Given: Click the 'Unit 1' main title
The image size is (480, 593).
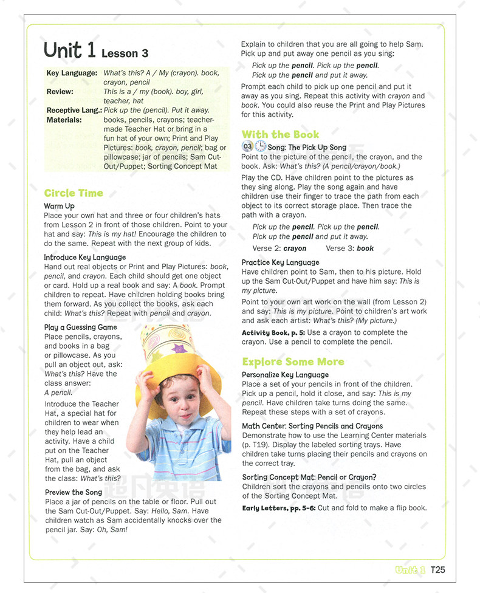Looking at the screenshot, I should (x=70, y=50).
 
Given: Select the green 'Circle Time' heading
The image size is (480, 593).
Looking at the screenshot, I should (x=74, y=193).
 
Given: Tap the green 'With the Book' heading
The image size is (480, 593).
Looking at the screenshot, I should (x=280, y=134).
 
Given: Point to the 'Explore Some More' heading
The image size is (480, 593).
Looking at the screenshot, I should (x=293, y=362).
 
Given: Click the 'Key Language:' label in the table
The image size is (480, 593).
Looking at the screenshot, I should (x=72, y=73).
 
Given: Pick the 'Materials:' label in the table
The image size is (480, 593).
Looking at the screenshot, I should (x=64, y=120).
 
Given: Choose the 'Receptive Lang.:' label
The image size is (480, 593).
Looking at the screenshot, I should (x=74, y=111).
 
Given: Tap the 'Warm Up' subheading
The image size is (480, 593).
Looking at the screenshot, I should (x=59, y=207).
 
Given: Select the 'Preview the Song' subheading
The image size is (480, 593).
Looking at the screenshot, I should (x=74, y=492).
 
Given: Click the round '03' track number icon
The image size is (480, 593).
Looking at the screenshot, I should (x=247, y=146).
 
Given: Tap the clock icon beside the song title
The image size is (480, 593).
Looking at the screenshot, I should (x=260, y=146).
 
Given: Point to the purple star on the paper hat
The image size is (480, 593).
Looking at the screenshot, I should (x=178, y=349).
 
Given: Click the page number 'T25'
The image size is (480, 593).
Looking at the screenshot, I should (x=438, y=569).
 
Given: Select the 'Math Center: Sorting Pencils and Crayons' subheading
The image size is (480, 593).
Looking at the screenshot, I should (x=312, y=426).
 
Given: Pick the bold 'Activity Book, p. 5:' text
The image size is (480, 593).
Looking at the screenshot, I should (x=273, y=332).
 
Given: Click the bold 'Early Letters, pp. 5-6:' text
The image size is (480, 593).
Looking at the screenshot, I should (x=278, y=507).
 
